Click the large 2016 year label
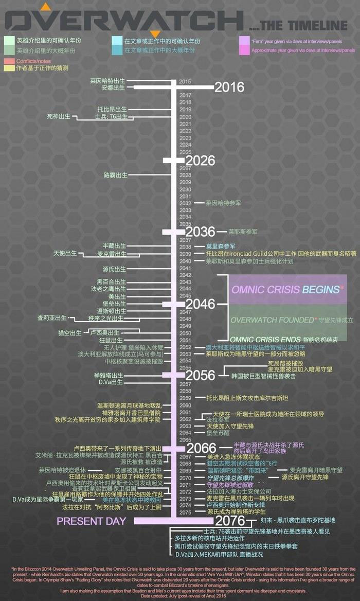[229, 87]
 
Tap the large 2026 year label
[200, 161]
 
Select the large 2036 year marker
[200, 232]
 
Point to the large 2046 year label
[200, 304]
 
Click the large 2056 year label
[200, 376]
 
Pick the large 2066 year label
[202, 447]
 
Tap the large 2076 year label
[230, 521]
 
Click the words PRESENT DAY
[91, 521]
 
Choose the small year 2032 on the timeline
[185, 203]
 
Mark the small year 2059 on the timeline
[185, 398]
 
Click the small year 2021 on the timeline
[185, 124]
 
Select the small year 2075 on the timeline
[185, 512]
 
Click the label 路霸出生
[115, 175]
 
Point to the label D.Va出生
[111, 382]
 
